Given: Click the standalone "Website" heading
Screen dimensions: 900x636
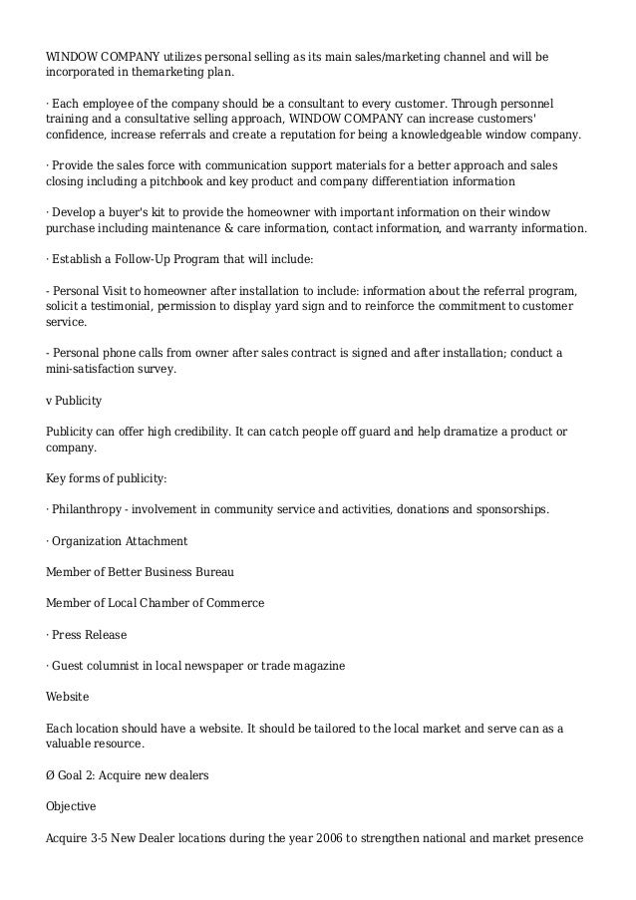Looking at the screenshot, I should pyautogui.click(x=68, y=696).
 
